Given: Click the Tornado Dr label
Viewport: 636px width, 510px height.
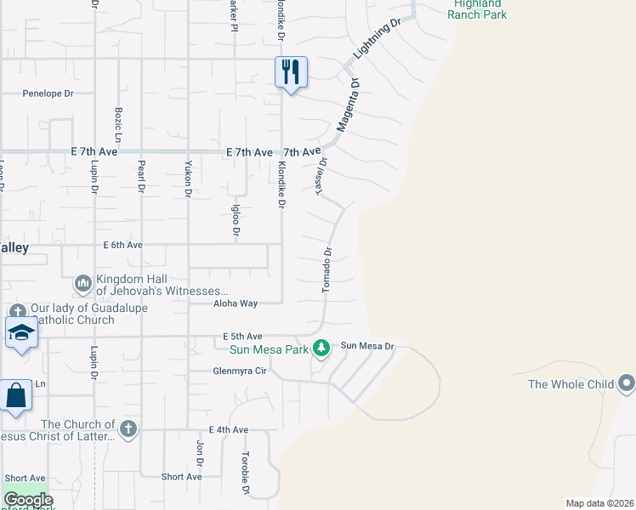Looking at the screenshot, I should point(327,270).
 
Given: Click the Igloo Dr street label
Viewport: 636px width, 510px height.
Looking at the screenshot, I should point(237,220).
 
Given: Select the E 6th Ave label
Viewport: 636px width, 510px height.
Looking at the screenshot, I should point(123,245).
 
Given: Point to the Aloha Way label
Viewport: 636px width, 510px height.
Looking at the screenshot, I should point(236,303).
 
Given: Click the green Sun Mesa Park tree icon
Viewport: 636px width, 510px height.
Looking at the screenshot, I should point(321,347).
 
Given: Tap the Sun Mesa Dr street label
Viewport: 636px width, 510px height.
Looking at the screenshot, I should point(368,346).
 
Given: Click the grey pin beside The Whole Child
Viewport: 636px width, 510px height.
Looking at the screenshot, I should point(627,383).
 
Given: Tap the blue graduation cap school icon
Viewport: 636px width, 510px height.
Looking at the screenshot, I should point(21,331).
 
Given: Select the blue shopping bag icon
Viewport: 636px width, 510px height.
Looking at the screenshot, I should point(16,395).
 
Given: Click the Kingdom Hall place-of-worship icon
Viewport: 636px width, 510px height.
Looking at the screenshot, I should point(83,281).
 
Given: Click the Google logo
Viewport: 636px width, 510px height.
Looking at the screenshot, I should point(28,500).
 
